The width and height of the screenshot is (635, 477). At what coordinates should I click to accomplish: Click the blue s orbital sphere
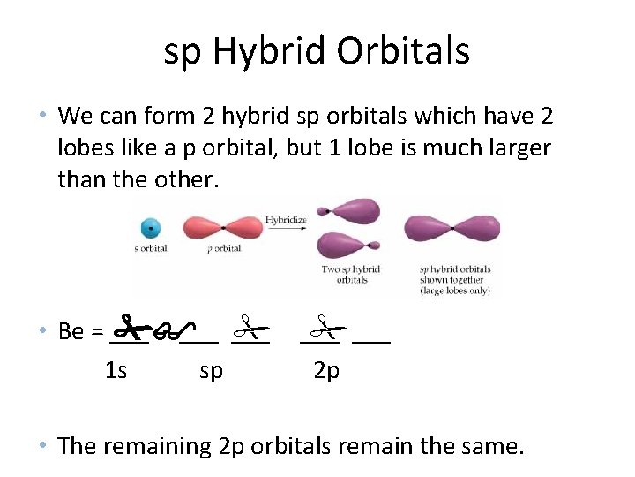(151, 228)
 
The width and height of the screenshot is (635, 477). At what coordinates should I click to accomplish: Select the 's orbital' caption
(150, 248)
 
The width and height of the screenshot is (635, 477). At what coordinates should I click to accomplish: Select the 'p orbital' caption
(223, 248)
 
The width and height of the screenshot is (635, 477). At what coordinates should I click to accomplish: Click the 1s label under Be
(116, 370)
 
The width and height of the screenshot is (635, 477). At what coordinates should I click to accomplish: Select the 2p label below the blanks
(326, 370)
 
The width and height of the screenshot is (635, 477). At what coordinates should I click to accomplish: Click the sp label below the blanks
(211, 370)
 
